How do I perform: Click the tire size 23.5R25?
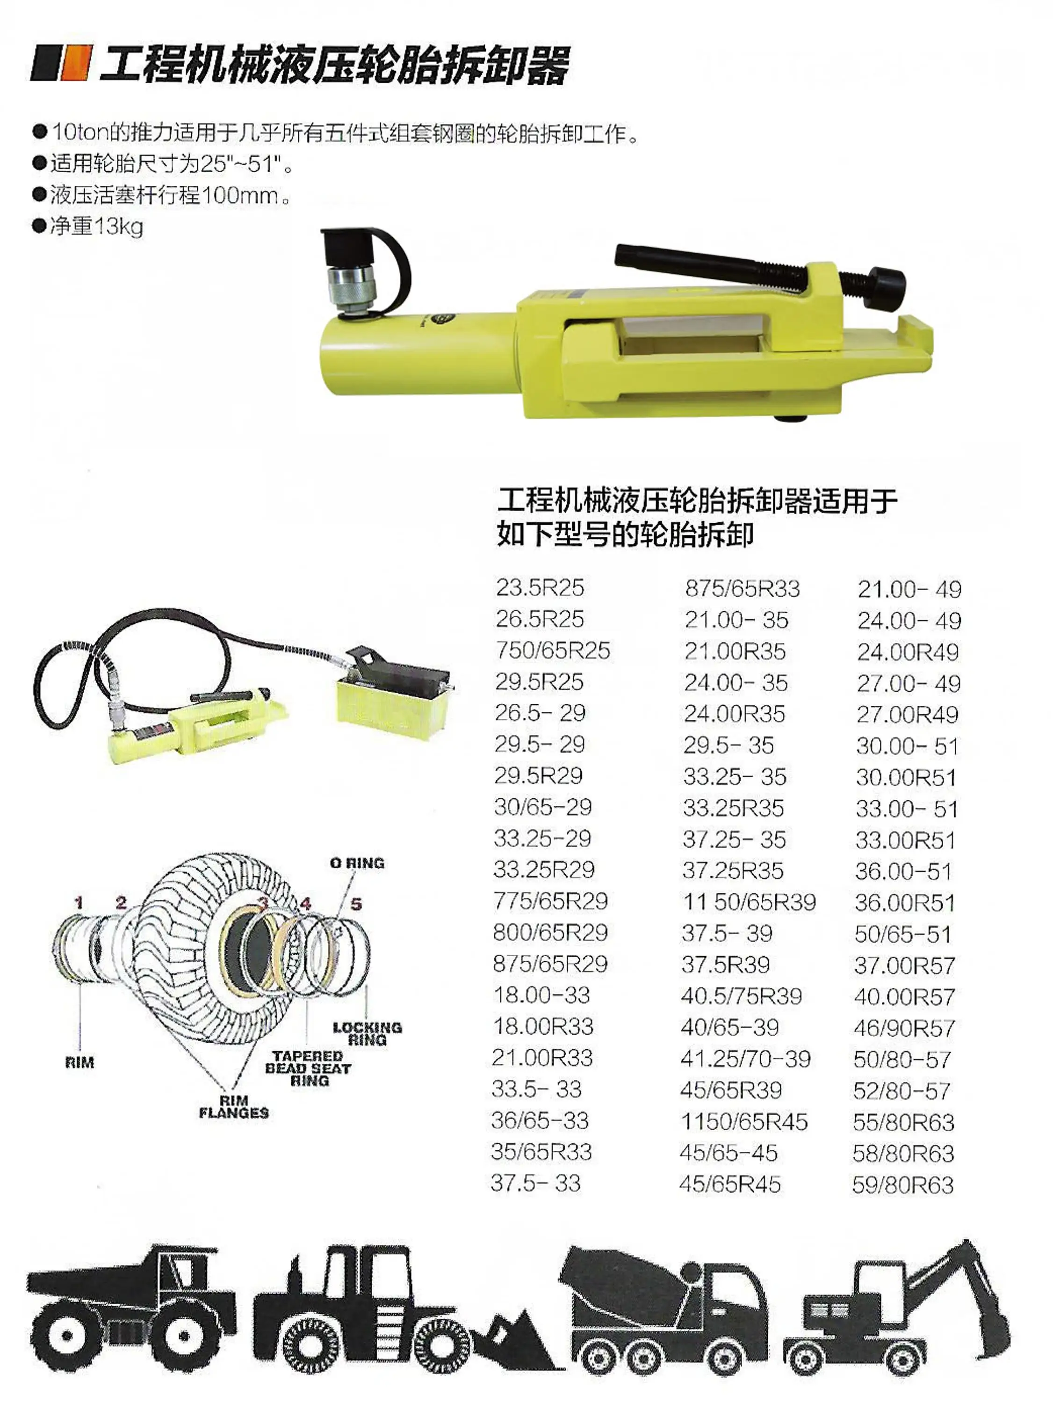tap(540, 588)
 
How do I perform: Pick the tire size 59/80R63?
tap(902, 1185)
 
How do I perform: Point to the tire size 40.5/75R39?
tap(742, 996)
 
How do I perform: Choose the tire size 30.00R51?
tap(906, 777)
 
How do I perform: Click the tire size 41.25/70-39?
tap(745, 1059)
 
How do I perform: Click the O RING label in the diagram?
tap(357, 863)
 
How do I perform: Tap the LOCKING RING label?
tap(367, 1033)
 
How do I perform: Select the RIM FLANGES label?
tap(234, 1106)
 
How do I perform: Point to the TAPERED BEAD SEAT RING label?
tap(308, 1068)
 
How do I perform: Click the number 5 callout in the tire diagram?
tap(356, 904)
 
